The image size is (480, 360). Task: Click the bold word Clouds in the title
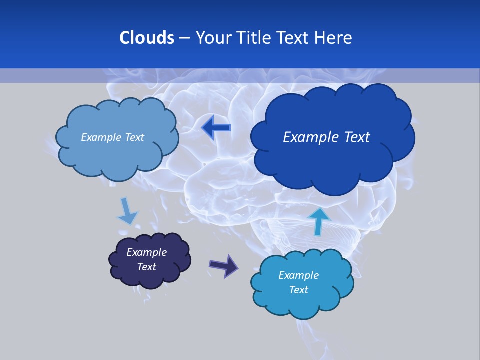click(x=146, y=38)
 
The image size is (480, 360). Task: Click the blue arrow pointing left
click(x=216, y=128)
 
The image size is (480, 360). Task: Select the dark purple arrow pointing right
click(x=223, y=265)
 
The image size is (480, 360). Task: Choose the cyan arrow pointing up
click(x=318, y=220)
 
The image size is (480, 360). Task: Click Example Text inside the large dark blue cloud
click(x=326, y=137)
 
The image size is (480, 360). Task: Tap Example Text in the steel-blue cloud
click(x=112, y=137)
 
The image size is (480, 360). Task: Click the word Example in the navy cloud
click(x=146, y=252)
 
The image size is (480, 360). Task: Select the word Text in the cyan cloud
click(x=298, y=290)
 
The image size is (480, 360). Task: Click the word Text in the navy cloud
click(x=146, y=267)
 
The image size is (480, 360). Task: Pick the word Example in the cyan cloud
click(x=298, y=275)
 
